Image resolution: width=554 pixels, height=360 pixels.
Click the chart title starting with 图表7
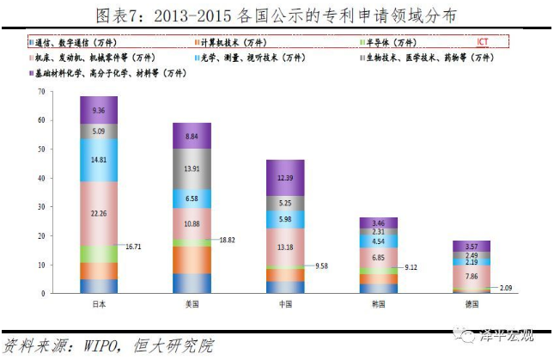point(276,15)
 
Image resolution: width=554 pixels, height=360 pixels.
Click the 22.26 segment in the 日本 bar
point(100,212)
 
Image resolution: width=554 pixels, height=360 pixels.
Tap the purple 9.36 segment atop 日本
point(100,110)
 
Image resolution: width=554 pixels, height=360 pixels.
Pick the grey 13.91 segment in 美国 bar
point(192,170)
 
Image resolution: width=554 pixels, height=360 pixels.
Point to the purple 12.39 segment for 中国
point(284,177)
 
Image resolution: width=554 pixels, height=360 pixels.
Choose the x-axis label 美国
point(192,303)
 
